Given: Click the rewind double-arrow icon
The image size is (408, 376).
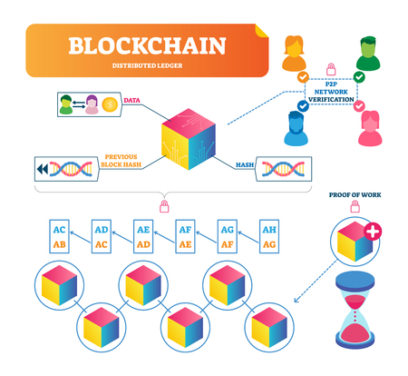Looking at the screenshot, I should coord(41,170).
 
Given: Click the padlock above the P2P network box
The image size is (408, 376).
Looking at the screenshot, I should coord(331,68).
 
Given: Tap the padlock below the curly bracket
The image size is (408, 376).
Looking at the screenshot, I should coord(163,208).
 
